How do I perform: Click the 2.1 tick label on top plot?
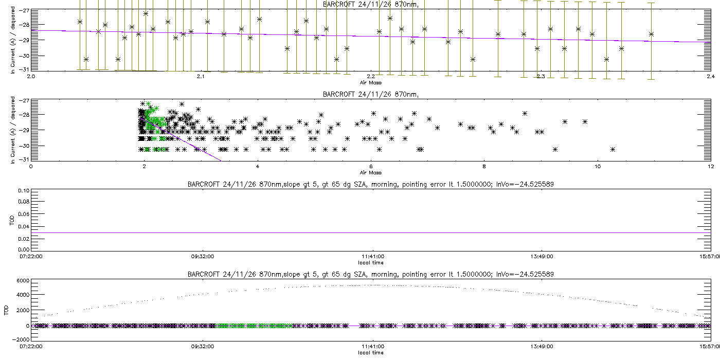[201, 77]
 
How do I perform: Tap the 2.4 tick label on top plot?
[710, 77]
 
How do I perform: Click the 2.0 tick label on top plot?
[31, 77]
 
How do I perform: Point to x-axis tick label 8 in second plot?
[484, 167]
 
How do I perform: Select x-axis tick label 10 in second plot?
[597, 167]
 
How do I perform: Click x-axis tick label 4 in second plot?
[258, 167]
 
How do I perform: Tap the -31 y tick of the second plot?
[24, 159]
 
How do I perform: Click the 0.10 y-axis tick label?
[23, 191]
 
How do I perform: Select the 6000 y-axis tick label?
[22, 281]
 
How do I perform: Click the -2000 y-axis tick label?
[21, 340]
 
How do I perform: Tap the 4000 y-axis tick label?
[22, 296]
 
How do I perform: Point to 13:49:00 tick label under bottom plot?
[542, 346]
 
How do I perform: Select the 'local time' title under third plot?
[370, 262]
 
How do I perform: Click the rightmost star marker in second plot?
[613, 149]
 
